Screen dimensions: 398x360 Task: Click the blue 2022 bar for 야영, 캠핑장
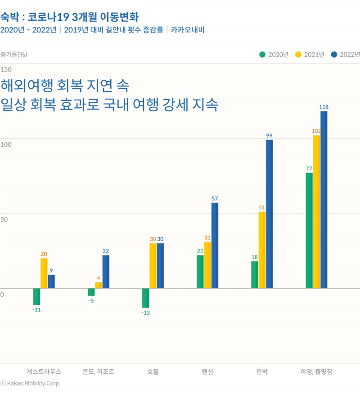coord(324,199)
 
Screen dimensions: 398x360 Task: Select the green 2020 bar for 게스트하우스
coord(36,296)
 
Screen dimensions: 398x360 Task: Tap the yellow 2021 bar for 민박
coord(262,250)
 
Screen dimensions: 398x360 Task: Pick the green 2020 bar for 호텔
coord(145,298)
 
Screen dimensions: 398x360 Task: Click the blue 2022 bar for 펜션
coord(215,245)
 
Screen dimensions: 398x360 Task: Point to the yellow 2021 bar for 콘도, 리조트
coord(98,285)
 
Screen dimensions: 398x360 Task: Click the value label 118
coord(324,107)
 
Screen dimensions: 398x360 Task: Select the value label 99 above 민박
coord(269,136)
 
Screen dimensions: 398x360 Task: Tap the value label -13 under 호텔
coord(145,312)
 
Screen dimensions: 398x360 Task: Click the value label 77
coord(309,169)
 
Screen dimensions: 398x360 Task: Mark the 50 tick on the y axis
coord(4,220)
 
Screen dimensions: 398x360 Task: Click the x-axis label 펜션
coord(207,372)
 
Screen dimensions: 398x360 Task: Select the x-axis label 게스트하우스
coord(44,372)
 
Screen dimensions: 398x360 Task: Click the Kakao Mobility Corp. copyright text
coord(33,384)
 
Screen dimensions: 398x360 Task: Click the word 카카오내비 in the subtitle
coord(188,30)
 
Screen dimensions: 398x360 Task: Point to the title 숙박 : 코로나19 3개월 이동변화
coord(69,17)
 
